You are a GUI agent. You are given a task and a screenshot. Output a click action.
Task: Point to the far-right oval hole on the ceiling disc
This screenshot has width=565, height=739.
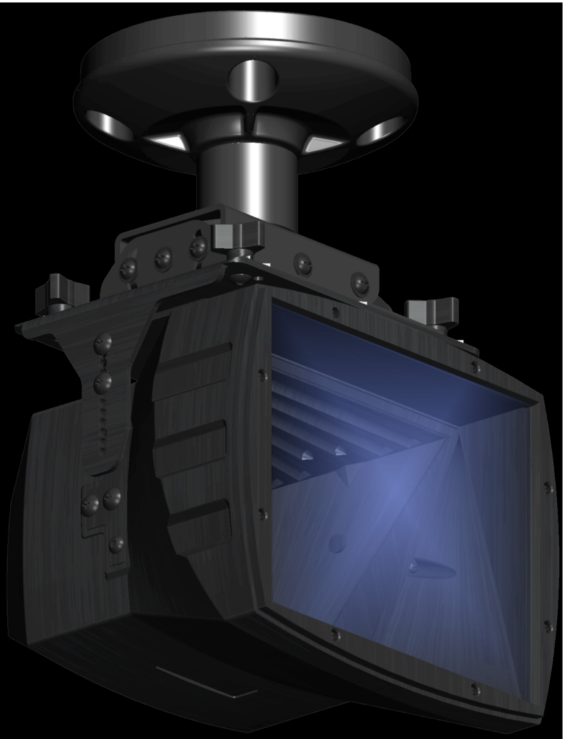tap(380, 131)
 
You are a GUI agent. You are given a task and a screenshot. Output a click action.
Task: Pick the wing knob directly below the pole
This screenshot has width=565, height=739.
tap(237, 237)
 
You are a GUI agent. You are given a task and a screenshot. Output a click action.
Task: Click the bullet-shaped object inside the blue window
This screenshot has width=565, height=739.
tap(432, 569)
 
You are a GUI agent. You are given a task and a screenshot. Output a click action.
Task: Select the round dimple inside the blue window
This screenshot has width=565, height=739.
tap(337, 543)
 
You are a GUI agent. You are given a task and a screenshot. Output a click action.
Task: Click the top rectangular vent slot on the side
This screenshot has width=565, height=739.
tap(193, 368)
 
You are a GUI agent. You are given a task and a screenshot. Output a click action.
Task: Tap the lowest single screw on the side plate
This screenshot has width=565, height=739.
tap(116, 545)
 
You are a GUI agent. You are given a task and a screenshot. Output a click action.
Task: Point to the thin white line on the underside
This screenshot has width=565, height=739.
tap(206, 682)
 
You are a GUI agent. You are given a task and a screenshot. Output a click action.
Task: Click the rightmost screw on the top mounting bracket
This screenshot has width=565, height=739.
tap(359, 284)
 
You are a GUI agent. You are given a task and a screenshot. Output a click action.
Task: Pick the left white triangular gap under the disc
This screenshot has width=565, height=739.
tap(167, 141)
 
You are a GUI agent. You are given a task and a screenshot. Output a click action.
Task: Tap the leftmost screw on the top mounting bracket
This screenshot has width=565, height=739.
tap(128, 269)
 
